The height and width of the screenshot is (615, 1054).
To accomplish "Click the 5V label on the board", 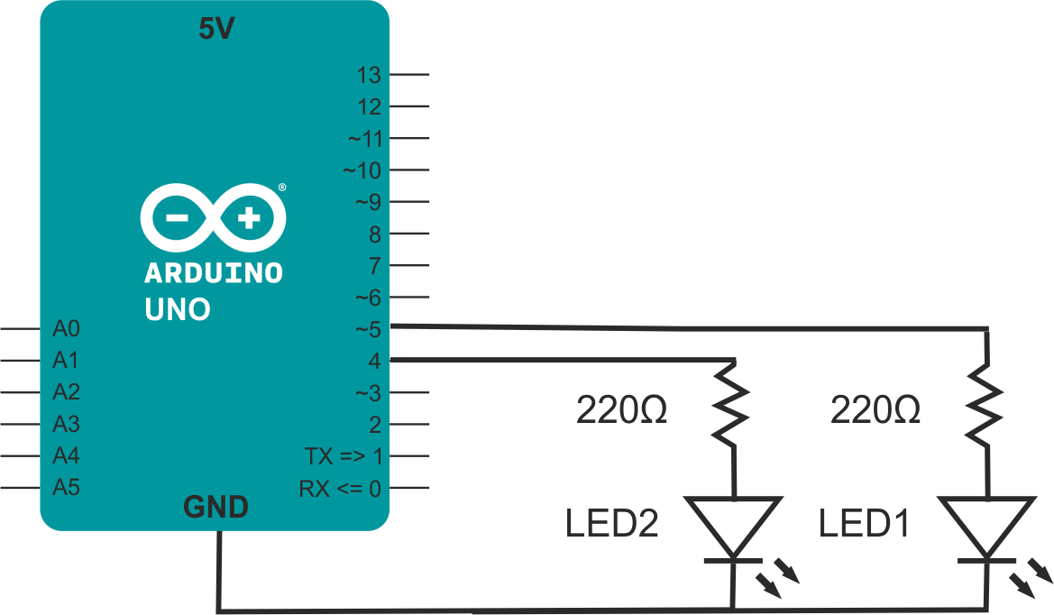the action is (216, 29).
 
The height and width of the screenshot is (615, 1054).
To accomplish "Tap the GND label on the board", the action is (215, 507).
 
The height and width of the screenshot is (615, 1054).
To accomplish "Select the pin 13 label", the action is (369, 75).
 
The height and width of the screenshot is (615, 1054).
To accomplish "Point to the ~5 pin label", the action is (369, 329).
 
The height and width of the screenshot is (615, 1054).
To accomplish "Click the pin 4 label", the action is (375, 361).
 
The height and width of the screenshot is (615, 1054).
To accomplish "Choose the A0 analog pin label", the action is (67, 328).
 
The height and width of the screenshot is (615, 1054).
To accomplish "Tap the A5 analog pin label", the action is (67, 487).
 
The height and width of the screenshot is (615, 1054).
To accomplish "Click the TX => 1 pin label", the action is (344, 456).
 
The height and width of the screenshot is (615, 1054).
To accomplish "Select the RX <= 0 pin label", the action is (340, 489).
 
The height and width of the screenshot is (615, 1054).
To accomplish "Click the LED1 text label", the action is (865, 524).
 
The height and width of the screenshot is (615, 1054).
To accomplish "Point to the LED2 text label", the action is (611, 524).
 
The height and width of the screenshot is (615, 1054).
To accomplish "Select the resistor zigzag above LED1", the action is (985, 404).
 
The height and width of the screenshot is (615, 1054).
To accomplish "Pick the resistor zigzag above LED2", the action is (731, 404).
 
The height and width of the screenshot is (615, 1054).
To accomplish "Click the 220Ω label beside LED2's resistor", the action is (622, 410).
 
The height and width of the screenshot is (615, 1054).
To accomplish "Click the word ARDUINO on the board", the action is (214, 273).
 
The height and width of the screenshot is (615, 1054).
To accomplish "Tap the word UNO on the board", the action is (179, 309).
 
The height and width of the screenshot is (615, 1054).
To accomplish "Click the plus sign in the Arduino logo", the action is (249, 217).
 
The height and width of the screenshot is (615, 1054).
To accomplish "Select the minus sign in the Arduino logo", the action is (178, 217).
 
